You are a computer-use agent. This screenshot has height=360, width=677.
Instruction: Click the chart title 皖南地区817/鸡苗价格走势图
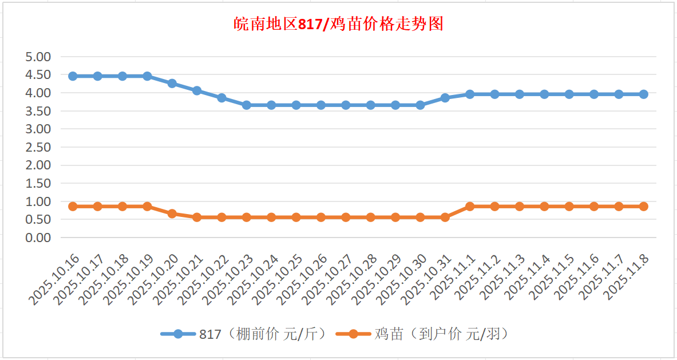coord(339,24)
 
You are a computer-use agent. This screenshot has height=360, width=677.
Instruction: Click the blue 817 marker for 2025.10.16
coord(73,76)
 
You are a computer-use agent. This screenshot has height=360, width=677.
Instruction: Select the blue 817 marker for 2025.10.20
coord(172,84)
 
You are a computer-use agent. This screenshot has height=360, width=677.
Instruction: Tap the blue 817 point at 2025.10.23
coord(247,105)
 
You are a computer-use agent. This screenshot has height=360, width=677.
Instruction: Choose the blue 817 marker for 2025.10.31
coord(445,98)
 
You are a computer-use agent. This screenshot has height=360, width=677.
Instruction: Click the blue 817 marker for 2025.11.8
coord(644,94)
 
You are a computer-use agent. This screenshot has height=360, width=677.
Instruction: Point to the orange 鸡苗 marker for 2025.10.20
coord(172,213)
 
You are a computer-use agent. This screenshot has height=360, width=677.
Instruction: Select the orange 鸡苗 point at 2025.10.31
coord(445,217)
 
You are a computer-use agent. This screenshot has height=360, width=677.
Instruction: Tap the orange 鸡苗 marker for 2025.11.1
coord(470,206)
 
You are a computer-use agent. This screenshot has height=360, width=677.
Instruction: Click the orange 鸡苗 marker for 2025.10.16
coord(73,206)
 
